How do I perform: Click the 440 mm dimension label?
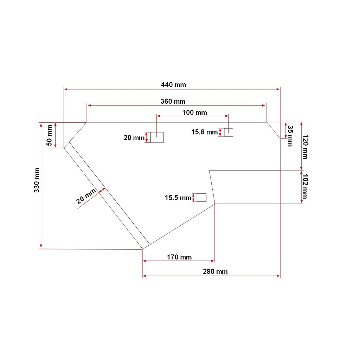tap(173, 85)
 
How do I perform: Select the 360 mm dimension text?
tap(173, 102)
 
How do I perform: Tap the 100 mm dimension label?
tap(194, 113)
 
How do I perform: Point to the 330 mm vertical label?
tap(37, 180)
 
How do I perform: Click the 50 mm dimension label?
tap(49, 135)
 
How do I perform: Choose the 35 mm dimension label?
tap(290, 136)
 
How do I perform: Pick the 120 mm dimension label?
tap(305, 147)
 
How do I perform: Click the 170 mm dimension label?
tap(179, 257)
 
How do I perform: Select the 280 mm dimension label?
tap(215, 272)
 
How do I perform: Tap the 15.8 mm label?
tap(204, 132)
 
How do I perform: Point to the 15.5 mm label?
tap(178, 198)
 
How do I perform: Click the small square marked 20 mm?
tap(157, 137)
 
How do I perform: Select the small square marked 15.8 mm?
tap(229, 132)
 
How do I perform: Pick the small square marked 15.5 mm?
tap(201, 198)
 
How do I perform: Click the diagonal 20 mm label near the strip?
tap(86, 196)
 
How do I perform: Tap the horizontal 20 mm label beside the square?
tap(134, 138)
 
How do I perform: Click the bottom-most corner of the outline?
tap(143, 249)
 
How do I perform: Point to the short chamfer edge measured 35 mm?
tap(274, 130)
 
